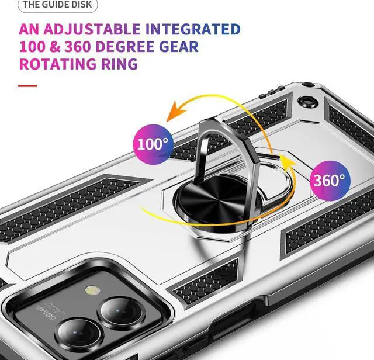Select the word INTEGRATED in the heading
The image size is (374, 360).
click(193, 29)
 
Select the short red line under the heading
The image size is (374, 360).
click(27, 86)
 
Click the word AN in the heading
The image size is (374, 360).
click(30, 29)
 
